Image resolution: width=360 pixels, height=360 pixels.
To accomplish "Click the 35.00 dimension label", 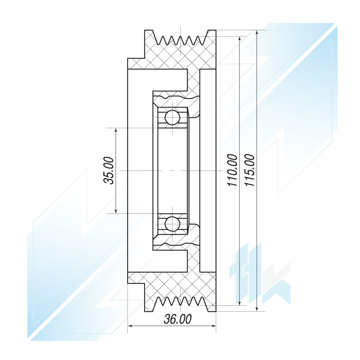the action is pyautogui.click(x=109, y=170).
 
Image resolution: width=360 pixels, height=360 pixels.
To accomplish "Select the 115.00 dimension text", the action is pyautogui.click(x=249, y=170).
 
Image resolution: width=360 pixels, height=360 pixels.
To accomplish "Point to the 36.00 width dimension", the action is pyautogui.click(x=177, y=319).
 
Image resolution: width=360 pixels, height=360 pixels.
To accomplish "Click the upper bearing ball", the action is pyautogui.click(x=172, y=117).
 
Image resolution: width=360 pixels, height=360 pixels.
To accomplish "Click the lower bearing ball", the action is pyautogui.click(x=172, y=224).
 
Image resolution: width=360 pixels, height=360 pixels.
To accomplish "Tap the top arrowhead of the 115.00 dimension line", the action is pyautogui.click(x=257, y=33).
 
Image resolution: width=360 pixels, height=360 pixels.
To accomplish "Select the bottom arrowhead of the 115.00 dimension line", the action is pyautogui.click(x=257, y=309).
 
